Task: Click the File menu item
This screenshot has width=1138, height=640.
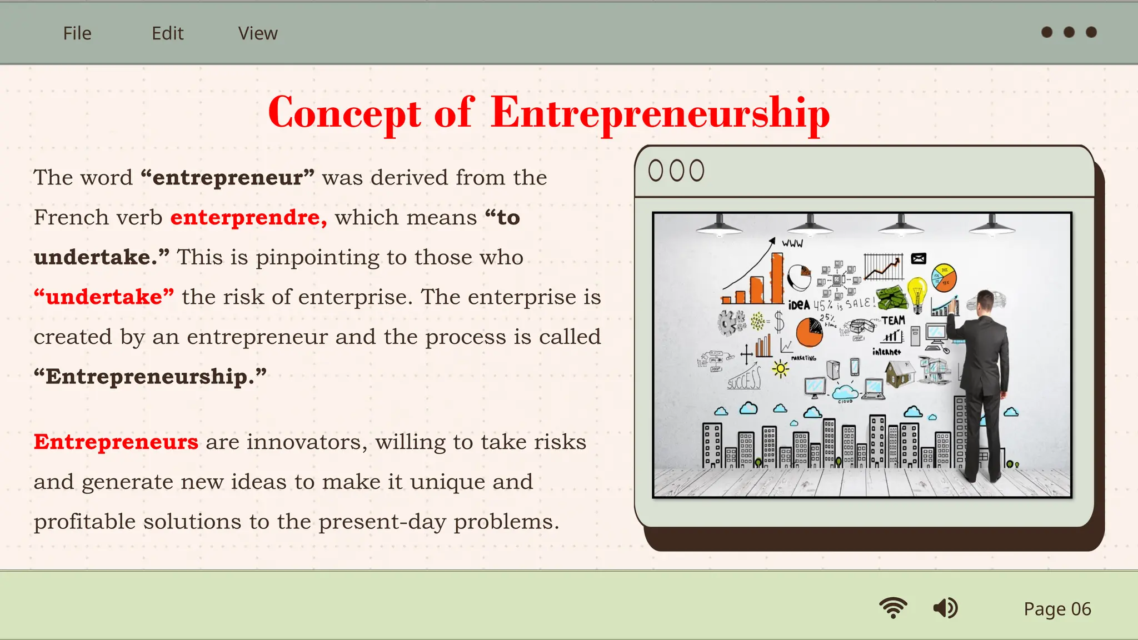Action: [x=77, y=33]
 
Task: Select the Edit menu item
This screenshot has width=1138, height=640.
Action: [x=167, y=33]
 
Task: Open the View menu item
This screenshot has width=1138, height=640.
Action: [x=258, y=33]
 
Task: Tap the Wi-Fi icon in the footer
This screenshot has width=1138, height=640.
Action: [x=893, y=608]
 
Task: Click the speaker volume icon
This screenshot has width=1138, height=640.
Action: [x=945, y=608]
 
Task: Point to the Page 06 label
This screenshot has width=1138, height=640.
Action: [x=1057, y=609]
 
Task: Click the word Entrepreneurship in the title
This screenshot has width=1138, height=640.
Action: [x=660, y=113]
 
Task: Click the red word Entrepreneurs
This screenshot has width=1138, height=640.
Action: [x=116, y=442]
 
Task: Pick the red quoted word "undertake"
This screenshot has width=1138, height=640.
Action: [x=104, y=297]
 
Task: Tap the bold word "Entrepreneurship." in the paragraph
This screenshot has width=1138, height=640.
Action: [x=150, y=377]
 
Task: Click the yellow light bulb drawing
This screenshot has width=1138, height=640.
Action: [x=917, y=292]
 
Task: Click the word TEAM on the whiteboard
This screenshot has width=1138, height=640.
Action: [x=893, y=321]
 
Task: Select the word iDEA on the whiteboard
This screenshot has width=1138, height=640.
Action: [x=799, y=305]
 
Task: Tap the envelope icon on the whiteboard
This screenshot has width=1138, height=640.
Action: [x=919, y=258]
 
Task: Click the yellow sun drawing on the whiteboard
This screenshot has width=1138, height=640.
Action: [x=781, y=368]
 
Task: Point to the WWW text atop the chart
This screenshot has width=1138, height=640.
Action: [x=792, y=243]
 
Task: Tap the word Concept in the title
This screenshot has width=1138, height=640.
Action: [x=345, y=113]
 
